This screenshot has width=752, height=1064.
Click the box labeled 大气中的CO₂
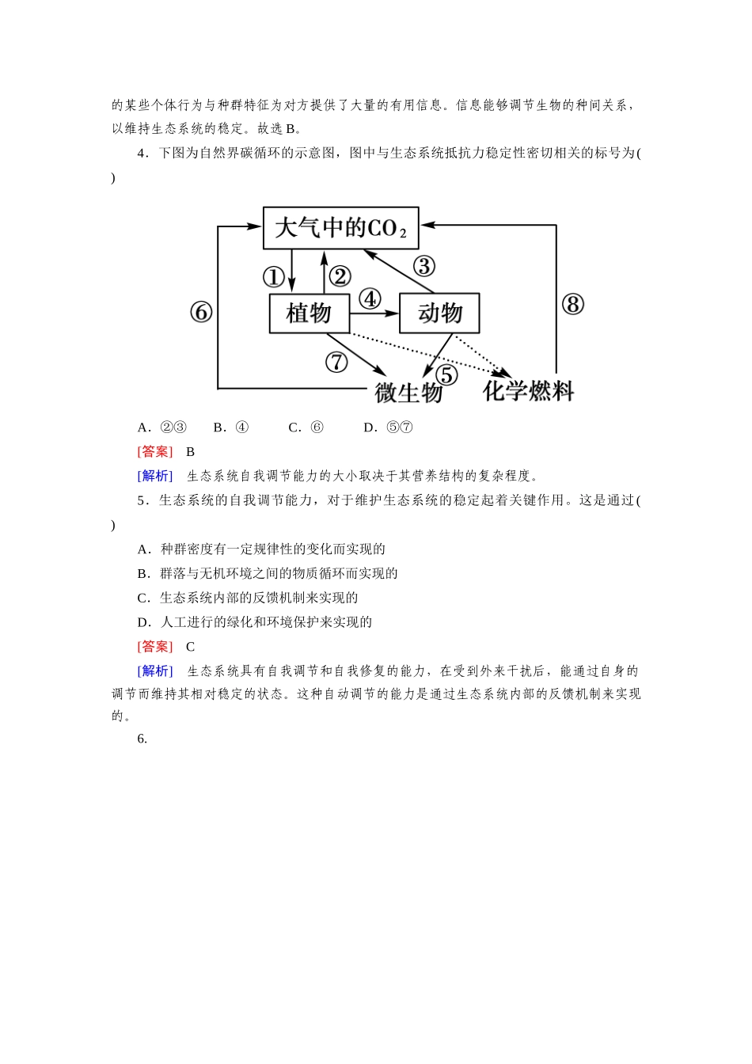[340, 228]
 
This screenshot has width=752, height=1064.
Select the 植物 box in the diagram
[309, 313]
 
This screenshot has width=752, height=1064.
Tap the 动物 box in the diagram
[439, 313]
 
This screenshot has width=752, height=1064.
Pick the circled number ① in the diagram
[273, 277]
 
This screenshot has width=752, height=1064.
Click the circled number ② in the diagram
[340, 276]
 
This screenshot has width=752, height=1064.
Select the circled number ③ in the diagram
[424, 266]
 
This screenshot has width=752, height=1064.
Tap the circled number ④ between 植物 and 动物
[370, 299]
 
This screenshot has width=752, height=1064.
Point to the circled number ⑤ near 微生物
[447, 374]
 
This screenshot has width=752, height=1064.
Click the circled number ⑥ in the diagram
[201, 313]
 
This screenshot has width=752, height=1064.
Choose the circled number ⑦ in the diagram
[336, 362]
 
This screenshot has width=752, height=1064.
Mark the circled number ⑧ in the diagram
[572, 304]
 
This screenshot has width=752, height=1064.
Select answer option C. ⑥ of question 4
[306, 427]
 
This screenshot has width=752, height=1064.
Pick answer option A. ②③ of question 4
[162, 427]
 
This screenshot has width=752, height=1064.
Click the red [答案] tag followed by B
[154, 452]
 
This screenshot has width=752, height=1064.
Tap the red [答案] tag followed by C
[154, 647]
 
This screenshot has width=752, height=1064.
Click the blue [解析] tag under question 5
[154, 671]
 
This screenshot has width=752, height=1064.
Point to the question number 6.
[142, 739]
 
